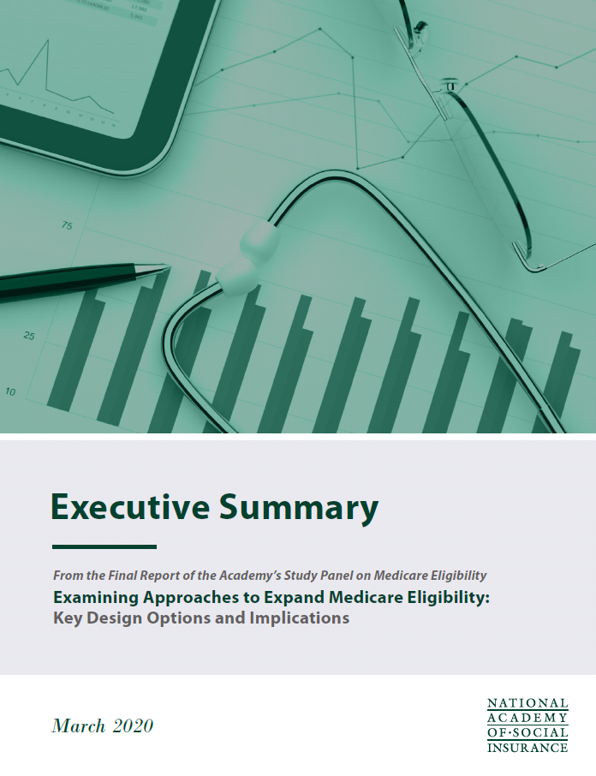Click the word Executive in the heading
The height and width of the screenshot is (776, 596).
pos(130,506)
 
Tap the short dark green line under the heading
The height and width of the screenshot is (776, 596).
pos(104,546)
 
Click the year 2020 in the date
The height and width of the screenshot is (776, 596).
pos(133,726)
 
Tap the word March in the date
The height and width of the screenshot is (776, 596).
pos(79,726)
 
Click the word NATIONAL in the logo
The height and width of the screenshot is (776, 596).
pos(527,703)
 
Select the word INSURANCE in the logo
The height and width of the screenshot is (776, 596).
pos(527,747)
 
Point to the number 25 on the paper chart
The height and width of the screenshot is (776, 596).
pos(29,336)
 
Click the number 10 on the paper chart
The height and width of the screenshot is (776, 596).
pos(10,391)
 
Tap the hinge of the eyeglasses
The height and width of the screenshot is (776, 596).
pos(450,87)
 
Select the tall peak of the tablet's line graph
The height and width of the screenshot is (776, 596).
pos(48,40)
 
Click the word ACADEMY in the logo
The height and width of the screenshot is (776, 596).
pos(527,718)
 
